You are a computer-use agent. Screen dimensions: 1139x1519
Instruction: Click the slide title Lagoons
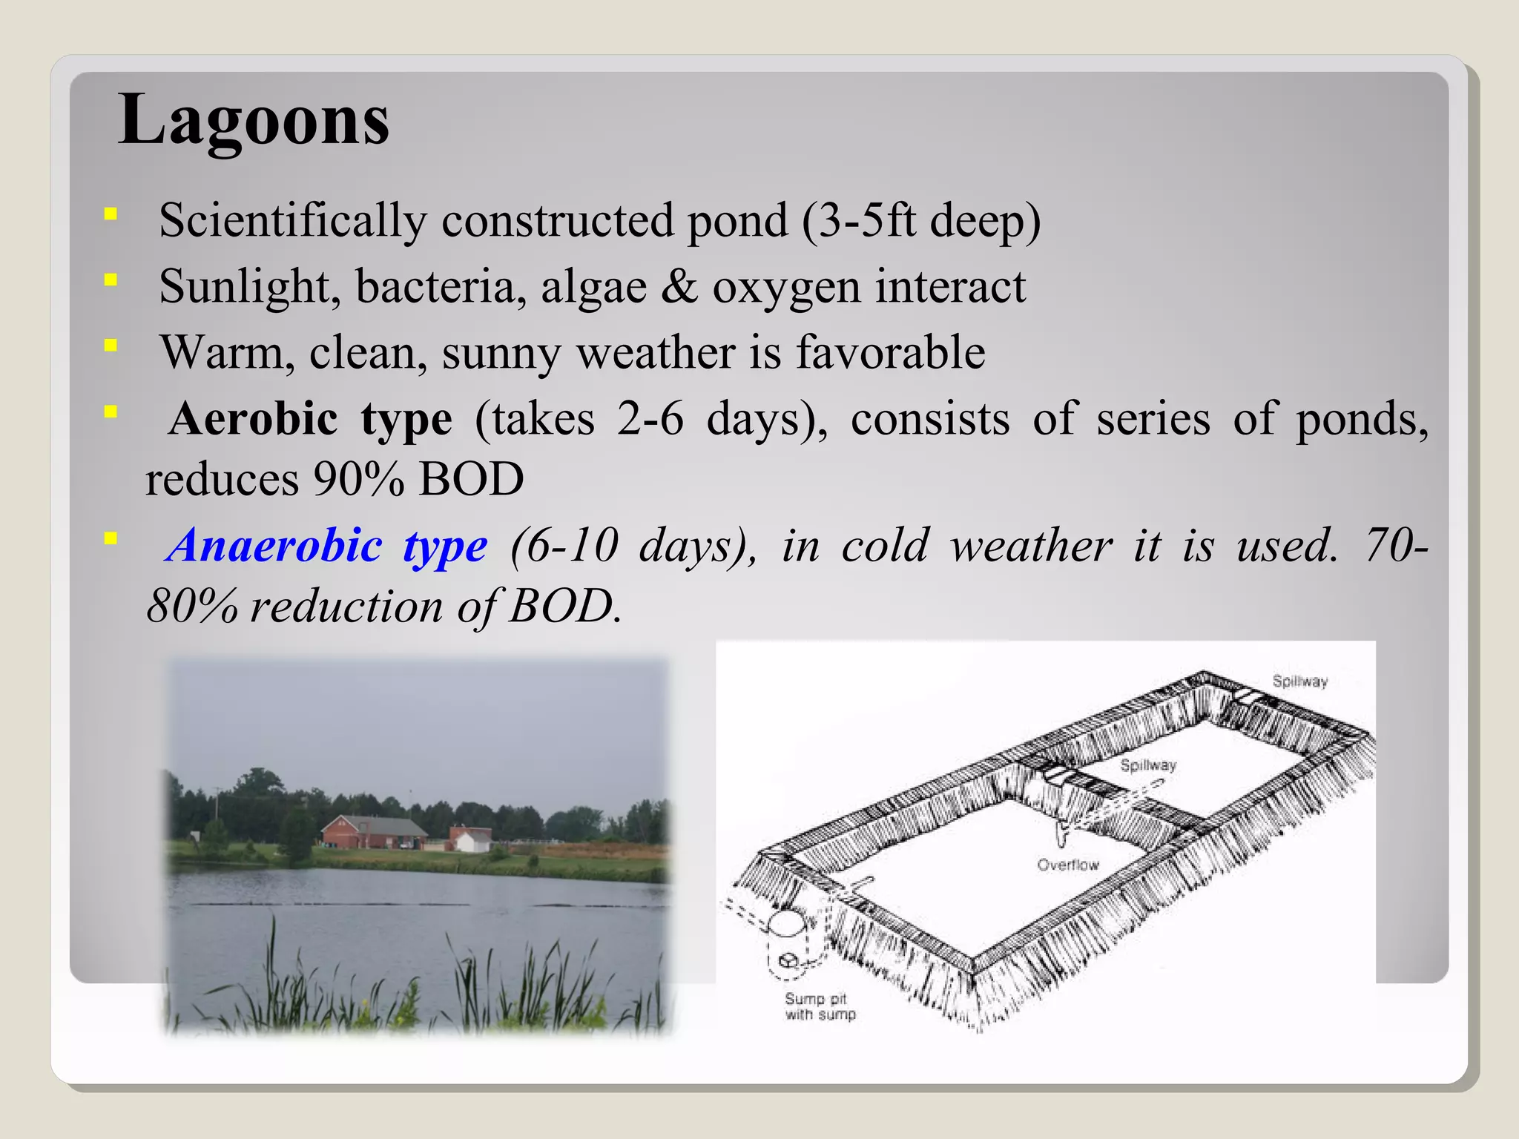click(253, 120)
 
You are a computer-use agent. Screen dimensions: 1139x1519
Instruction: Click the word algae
click(593, 288)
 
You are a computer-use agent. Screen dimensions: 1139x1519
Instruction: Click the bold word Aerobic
click(253, 419)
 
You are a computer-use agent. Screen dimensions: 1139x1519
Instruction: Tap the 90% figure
click(358, 479)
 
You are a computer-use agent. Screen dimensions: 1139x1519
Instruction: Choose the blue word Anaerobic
click(274, 546)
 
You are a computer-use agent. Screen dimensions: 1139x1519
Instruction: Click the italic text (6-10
click(564, 546)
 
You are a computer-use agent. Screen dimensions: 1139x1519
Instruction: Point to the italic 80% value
click(192, 607)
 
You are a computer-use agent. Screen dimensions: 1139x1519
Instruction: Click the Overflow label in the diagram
click(1067, 865)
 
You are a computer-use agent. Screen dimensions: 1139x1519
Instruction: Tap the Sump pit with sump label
click(819, 1007)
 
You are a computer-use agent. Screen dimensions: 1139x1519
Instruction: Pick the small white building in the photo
click(470, 840)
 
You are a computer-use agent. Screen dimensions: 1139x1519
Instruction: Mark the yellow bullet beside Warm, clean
click(111, 345)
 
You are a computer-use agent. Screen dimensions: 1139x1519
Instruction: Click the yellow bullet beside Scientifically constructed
click(111, 214)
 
